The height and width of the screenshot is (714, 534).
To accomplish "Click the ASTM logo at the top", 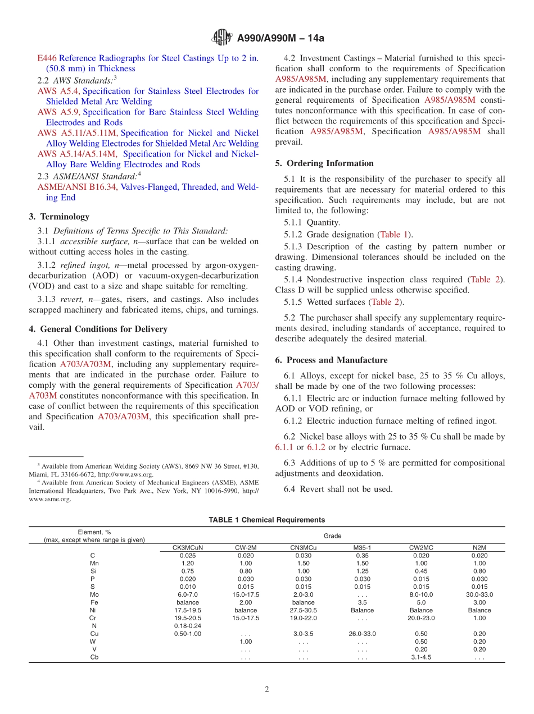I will click(x=221, y=38).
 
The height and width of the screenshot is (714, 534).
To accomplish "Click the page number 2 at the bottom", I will click(x=267, y=689).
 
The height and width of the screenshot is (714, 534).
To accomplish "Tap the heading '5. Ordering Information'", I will click(x=324, y=163).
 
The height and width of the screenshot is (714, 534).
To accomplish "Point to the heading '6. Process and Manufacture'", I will click(x=331, y=360).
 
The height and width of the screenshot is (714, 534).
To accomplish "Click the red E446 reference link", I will click(x=47, y=58).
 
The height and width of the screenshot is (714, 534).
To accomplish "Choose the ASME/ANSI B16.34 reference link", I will click(x=73, y=187).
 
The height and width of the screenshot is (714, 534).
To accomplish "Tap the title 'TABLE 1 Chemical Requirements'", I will click(x=266, y=520).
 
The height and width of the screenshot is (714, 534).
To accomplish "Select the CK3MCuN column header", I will click(x=187, y=547).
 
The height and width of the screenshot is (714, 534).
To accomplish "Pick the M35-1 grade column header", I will click(x=362, y=547).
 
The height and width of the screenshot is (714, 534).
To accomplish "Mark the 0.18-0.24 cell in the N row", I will click(x=187, y=626).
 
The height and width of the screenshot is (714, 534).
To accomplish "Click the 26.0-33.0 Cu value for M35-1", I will click(x=362, y=634).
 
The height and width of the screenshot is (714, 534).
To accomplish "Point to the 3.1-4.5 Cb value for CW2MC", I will click(x=420, y=657).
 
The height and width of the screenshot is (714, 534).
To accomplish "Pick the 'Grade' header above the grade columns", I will click(x=332, y=536).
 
